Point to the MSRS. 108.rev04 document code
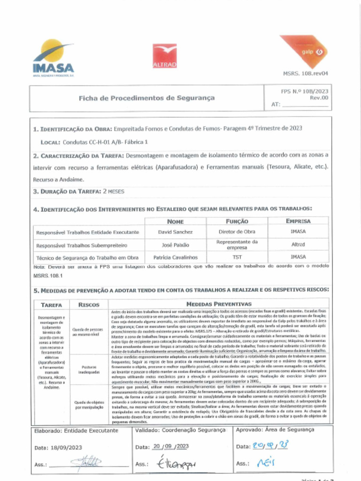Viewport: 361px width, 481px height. click(305, 74)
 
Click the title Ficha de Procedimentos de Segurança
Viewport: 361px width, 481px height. click(147, 98)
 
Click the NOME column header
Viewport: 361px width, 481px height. click(175, 221)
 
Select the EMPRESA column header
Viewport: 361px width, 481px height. click(298, 221)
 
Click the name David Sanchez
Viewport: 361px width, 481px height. click(175, 232)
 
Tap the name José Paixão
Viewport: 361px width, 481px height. click(175, 245)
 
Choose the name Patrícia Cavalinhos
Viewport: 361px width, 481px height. click(175, 257)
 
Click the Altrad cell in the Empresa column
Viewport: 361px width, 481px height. click(298, 245)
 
